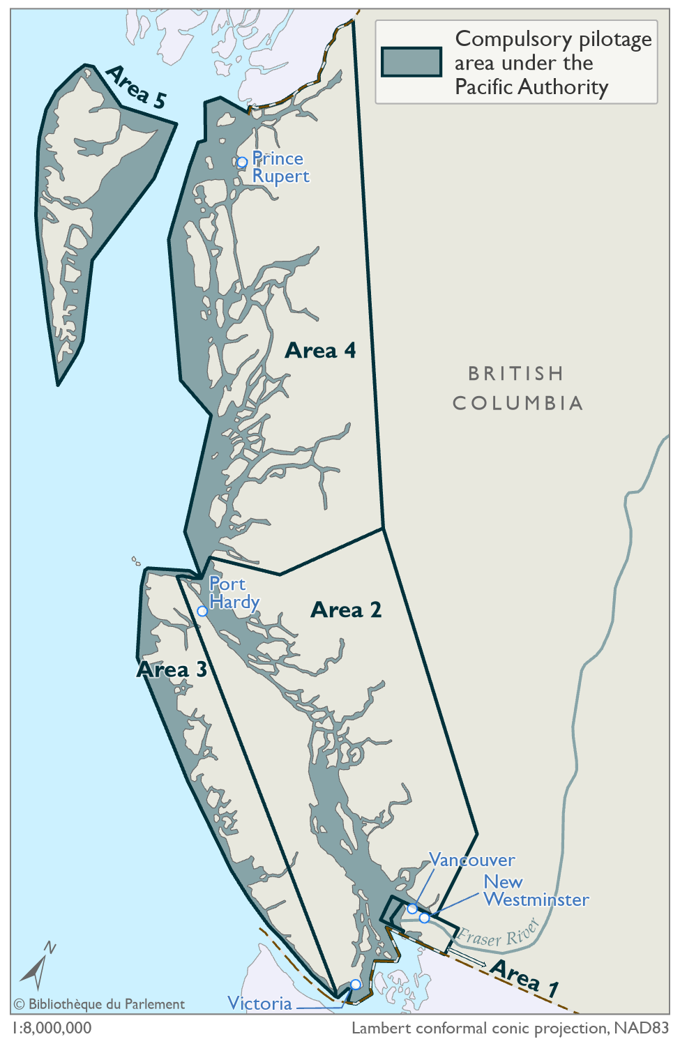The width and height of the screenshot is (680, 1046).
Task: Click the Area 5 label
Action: tap(137, 88)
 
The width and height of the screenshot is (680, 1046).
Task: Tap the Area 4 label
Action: tap(320, 350)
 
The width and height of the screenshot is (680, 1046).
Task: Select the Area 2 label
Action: tap(346, 610)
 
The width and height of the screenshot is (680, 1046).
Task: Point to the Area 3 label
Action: tap(172, 670)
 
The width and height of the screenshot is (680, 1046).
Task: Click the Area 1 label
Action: tap(524, 978)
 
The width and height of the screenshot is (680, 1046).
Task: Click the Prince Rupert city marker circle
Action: tap(242, 162)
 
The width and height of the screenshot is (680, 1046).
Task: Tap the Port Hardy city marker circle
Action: tap(202, 611)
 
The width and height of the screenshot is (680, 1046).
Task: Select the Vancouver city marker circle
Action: tap(412, 909)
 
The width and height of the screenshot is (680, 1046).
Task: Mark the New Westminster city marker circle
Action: tap(424, 918)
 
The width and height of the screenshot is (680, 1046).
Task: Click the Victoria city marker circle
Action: tap(355, 984)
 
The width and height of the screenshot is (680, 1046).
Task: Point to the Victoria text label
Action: tap(259, 1003)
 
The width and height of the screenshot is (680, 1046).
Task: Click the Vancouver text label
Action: tap(472, 860)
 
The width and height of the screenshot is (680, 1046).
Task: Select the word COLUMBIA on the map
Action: tap(517, 403)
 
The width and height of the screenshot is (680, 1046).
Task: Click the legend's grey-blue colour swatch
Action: tap(411, 62)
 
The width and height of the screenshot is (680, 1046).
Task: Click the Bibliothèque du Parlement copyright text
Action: tap(99, 1004)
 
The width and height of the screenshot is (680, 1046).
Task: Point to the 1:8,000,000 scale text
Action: tap(52, 1029)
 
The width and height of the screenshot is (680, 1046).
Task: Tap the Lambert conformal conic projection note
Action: tap(511, 1029)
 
